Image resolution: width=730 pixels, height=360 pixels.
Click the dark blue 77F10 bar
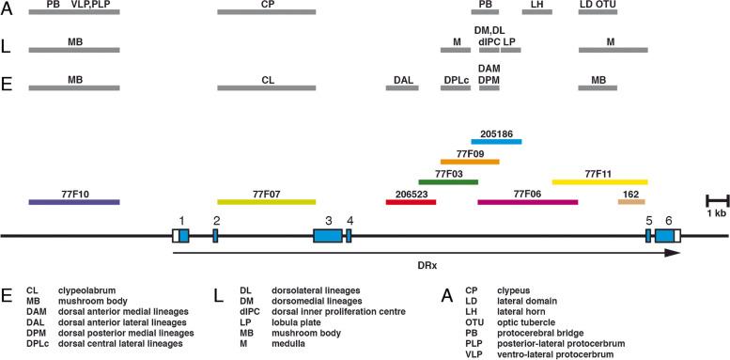tap(74, 201)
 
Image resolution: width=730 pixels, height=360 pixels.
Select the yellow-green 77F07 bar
tap(266, 201)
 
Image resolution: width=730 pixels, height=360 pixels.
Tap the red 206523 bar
tap(411, 201)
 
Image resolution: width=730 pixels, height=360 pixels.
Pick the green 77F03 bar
tap(448, 181)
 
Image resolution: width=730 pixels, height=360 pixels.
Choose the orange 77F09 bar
tap(470, 161)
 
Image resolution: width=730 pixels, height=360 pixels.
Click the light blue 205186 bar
tap(496, 142)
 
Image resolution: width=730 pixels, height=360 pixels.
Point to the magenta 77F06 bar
tap(527, 201)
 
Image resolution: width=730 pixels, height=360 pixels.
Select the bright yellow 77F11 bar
tap(599, 181)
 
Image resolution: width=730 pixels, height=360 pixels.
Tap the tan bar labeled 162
tap(630, 201)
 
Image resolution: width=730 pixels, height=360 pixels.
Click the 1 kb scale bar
tap(718, 200)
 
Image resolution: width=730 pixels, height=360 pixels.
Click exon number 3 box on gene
tap(328, 235)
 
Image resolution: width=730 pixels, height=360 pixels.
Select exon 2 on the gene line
tap(215, 235)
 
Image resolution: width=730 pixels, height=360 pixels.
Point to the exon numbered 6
tap(663, 235)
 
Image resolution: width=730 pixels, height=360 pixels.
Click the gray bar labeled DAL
tap(402, 88)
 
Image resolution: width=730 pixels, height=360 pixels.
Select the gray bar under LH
tap(537, 12)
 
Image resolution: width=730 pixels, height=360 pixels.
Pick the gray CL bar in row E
tap(266, 88)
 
